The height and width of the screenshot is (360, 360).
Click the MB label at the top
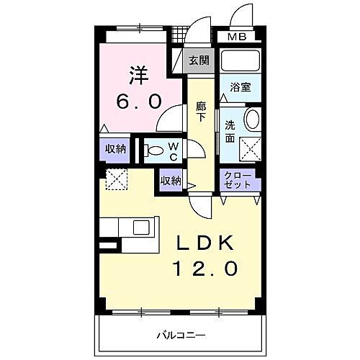click(237, 37)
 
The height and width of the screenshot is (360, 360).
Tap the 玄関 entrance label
click(199, 60)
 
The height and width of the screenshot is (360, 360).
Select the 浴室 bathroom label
click(240, 88)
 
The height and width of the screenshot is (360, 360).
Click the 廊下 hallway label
click(202, 111)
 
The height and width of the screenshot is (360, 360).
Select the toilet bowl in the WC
click(153, 150)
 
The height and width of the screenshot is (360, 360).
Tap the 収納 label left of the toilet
click(115, 149)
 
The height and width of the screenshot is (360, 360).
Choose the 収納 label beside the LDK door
click(170, 180)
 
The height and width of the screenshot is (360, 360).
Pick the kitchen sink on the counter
click(140, 228)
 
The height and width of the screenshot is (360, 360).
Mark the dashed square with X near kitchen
click(116, 180)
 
